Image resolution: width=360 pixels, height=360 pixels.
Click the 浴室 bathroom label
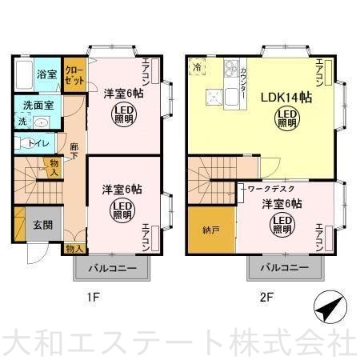(x=46, y=74)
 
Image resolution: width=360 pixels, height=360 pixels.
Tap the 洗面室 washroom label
(x=38, y=106)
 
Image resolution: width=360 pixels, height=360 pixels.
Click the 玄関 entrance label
(x=42, y=225)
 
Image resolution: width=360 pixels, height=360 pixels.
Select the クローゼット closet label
(x=74, y=77)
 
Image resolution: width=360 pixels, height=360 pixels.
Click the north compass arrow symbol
(x=329, y=307)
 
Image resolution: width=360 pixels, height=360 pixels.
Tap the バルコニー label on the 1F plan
(x=112, y=268)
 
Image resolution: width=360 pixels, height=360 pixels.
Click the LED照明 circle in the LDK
(x=286, y=119)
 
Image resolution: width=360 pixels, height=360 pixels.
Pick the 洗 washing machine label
(x=22, y=122)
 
